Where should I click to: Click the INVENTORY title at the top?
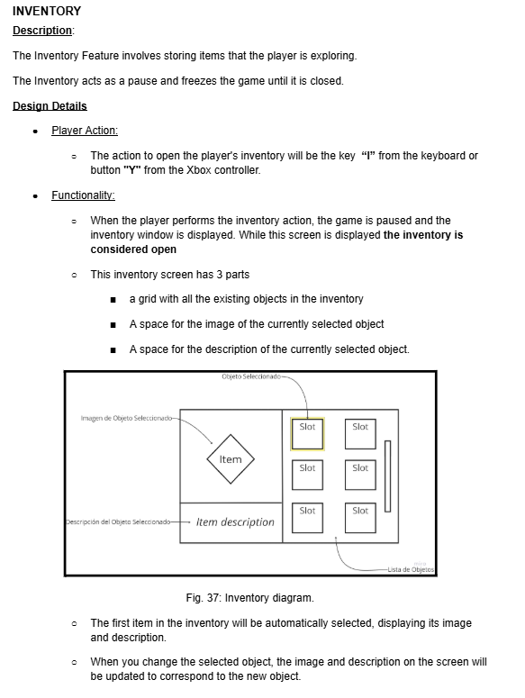47,11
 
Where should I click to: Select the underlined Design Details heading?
50,106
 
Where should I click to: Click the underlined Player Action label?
85,131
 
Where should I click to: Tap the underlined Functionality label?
83,195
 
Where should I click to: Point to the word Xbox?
199,170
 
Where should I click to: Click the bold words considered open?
133,249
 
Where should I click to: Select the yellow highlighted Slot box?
307,434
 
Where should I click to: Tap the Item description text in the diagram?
235,521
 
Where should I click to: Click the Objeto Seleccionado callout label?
251,376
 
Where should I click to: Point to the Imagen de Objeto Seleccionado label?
126,418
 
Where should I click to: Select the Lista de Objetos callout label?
411,569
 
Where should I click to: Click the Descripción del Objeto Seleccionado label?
118,521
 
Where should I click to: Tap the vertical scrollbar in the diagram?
387,476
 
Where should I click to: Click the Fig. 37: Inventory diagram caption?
250,598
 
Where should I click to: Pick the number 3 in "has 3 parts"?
220,275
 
